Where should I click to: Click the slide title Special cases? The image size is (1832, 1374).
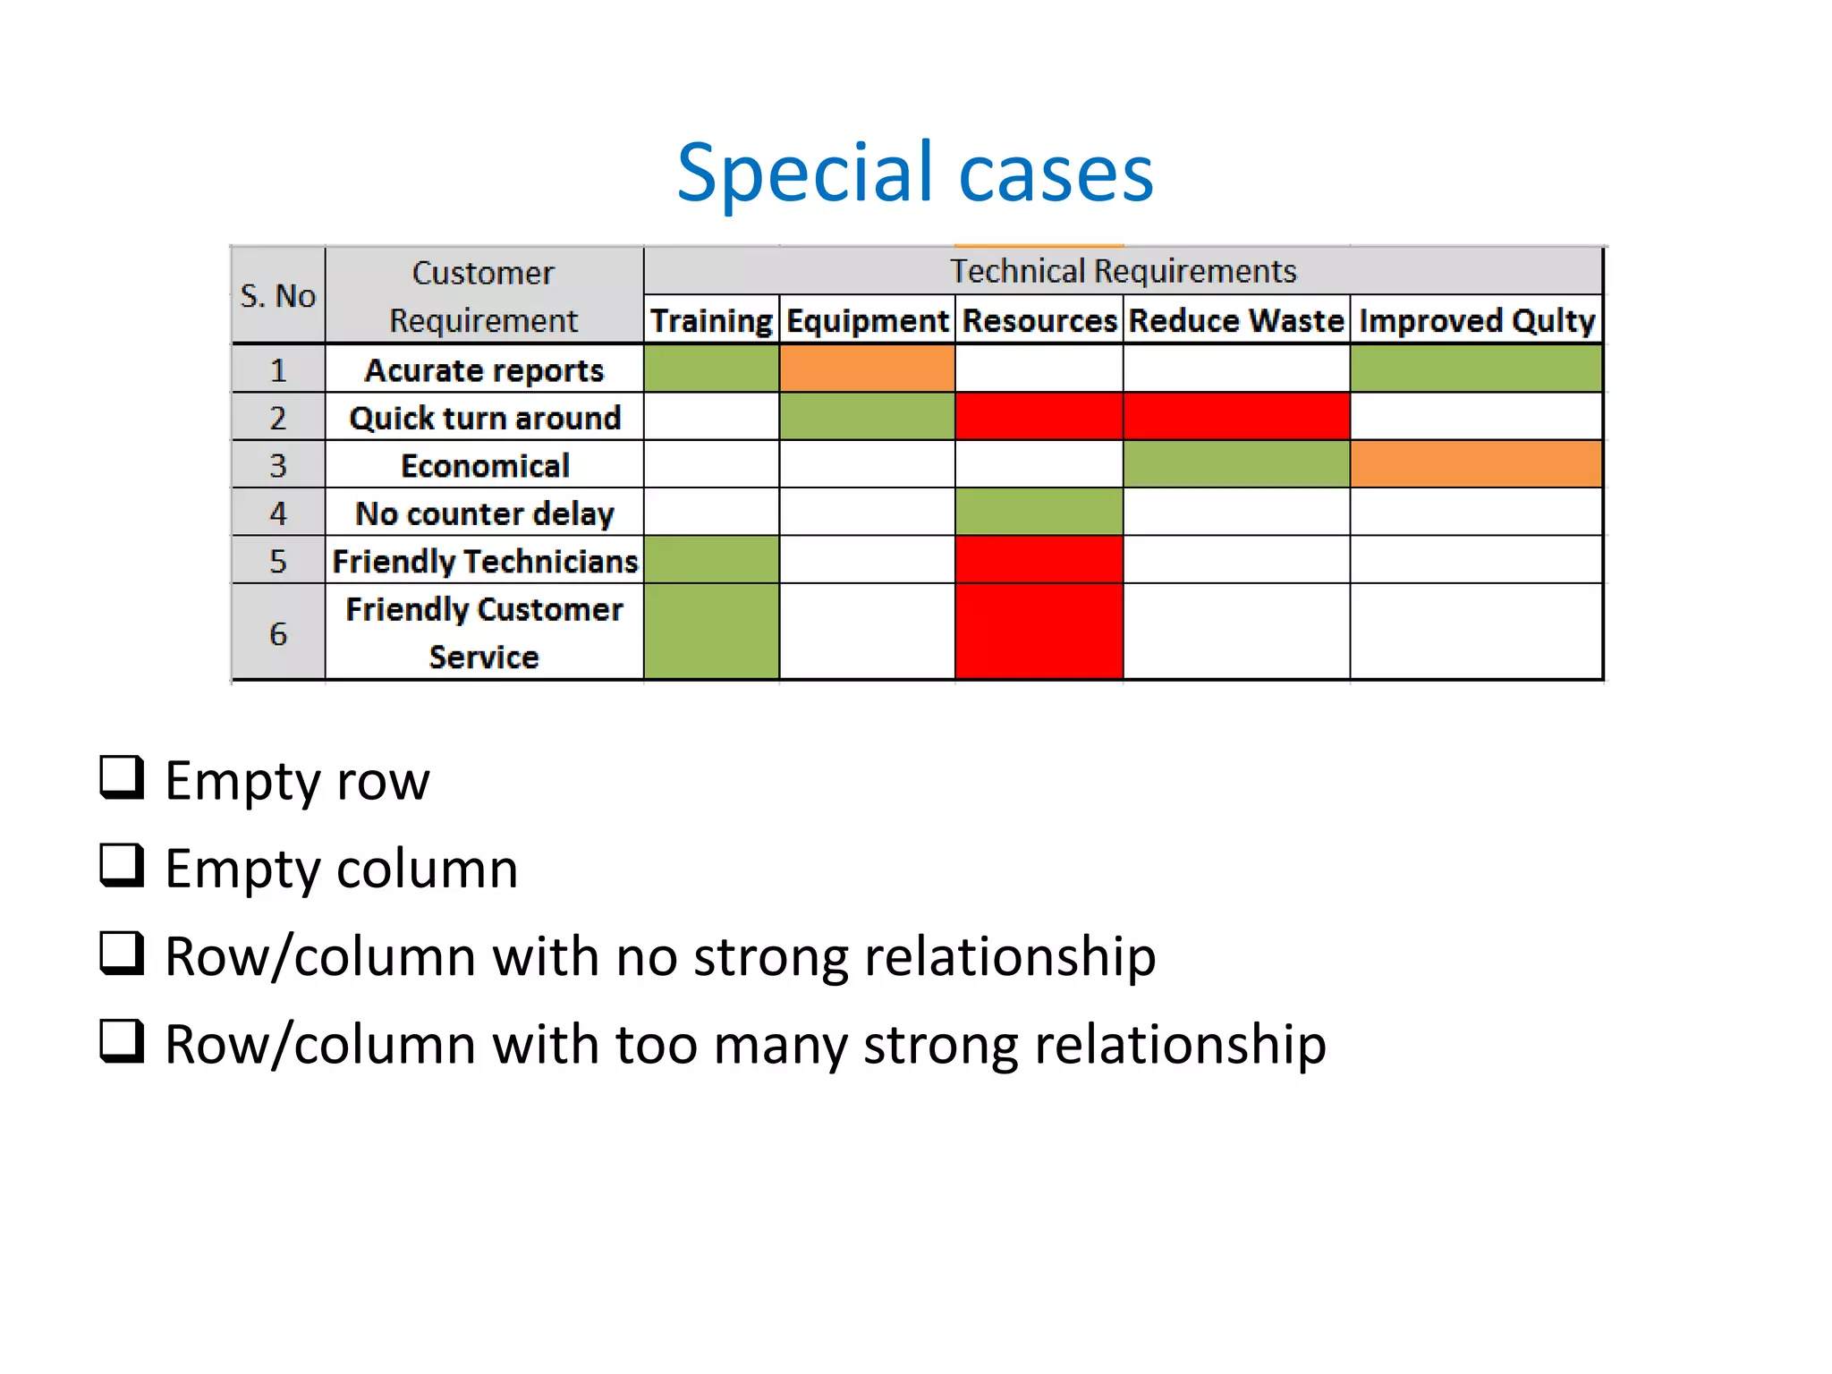point(914,173)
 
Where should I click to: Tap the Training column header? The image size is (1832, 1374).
point(711,320)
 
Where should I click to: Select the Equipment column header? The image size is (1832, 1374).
point(867,320)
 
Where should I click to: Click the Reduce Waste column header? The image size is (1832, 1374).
point(1235,320)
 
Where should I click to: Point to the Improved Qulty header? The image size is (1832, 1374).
point(1476,320)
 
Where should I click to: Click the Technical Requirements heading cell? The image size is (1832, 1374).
point(1123,271)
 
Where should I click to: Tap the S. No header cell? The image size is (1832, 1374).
point(277,296)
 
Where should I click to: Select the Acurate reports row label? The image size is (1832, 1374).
point(484,370)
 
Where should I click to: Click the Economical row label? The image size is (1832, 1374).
point(484,466)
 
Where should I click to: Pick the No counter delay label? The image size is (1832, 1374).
point(484,513)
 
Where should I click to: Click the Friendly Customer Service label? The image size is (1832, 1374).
point(484,632)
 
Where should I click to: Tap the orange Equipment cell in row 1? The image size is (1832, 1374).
point(867,369)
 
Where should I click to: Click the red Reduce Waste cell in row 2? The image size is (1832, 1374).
point(1235,417)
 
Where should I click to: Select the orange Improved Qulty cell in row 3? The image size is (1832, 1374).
point(1476,464)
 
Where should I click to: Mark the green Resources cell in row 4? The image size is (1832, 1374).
point(1039,512)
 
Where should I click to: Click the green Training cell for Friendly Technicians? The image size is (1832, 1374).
point(711,560)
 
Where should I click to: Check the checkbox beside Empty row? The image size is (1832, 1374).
point(122,777)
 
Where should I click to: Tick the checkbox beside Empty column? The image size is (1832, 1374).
point(122,865)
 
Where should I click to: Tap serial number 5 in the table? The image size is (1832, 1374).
point(278,561)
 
